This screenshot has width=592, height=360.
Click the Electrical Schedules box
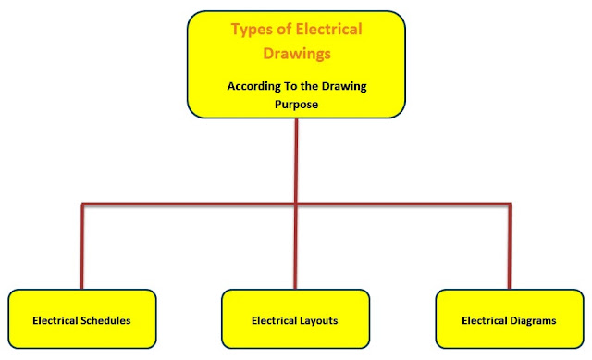81,320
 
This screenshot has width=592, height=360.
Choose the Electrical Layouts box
295,320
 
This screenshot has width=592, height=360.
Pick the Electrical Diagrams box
509,320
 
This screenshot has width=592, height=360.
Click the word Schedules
105,321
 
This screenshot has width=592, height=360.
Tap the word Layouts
317,321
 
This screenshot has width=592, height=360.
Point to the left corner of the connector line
82,204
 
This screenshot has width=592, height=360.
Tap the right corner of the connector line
510,204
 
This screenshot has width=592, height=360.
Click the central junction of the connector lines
296,204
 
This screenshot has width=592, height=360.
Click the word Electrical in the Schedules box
55,321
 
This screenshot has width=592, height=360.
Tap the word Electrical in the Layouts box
273,321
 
